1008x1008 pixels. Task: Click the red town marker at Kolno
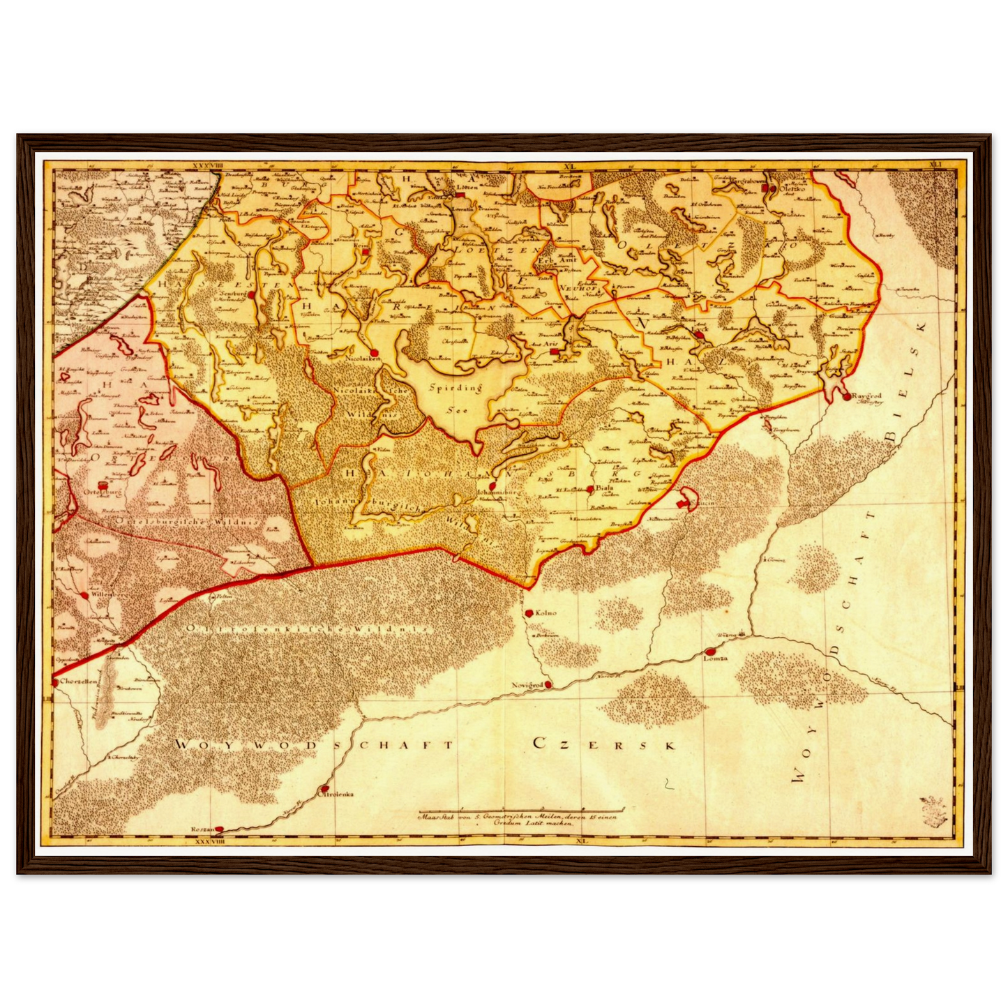click(x=529, y=613)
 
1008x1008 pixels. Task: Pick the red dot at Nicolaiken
click(x=374, y=353)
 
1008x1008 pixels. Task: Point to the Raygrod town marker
click(x=846, y=397)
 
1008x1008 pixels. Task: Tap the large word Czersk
click(x=604, y=744)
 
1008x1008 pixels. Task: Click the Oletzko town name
click(x=790, y=188)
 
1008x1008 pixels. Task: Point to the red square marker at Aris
click(x=553, y=352)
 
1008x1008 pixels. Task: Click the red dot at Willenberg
click(x=85, y=595)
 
